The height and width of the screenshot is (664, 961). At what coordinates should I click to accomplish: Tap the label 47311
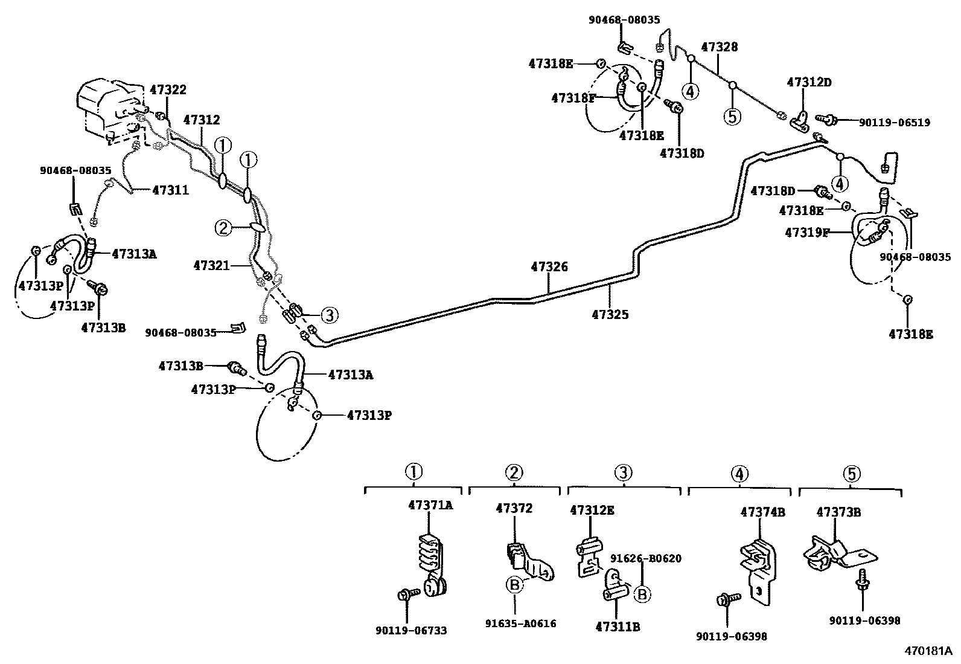[170, 190]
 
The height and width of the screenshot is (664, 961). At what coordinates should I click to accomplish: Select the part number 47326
[549, 266]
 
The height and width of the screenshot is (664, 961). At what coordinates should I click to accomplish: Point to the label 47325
[610, 314]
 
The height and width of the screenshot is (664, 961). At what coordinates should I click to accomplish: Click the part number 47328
[719, 47]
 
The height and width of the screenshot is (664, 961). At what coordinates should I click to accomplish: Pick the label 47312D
[809, 82]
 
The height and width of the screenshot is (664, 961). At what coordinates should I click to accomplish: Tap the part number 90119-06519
[894, 123]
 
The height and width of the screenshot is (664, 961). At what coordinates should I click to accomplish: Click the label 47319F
[806, 233]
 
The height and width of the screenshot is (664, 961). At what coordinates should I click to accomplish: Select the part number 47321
[211, 265]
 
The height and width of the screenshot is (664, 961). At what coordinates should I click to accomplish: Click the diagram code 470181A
[927, 651]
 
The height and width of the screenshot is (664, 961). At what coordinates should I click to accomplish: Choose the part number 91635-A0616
[520, 624]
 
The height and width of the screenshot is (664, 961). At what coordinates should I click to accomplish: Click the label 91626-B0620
[646, 558]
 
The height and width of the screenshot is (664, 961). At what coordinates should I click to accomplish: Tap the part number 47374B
[763, 512]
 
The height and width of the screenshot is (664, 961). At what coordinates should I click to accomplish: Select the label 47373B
[838, 512]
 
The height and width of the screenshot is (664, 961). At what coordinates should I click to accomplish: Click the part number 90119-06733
[411, 631]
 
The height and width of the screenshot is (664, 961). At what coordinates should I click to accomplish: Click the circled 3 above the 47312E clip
[623, 473]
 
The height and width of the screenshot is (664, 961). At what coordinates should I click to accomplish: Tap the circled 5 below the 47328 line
[732, 116]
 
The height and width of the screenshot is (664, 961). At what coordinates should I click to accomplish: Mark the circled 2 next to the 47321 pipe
[223, 228]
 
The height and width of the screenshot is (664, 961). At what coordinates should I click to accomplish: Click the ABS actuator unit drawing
[109, 109]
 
